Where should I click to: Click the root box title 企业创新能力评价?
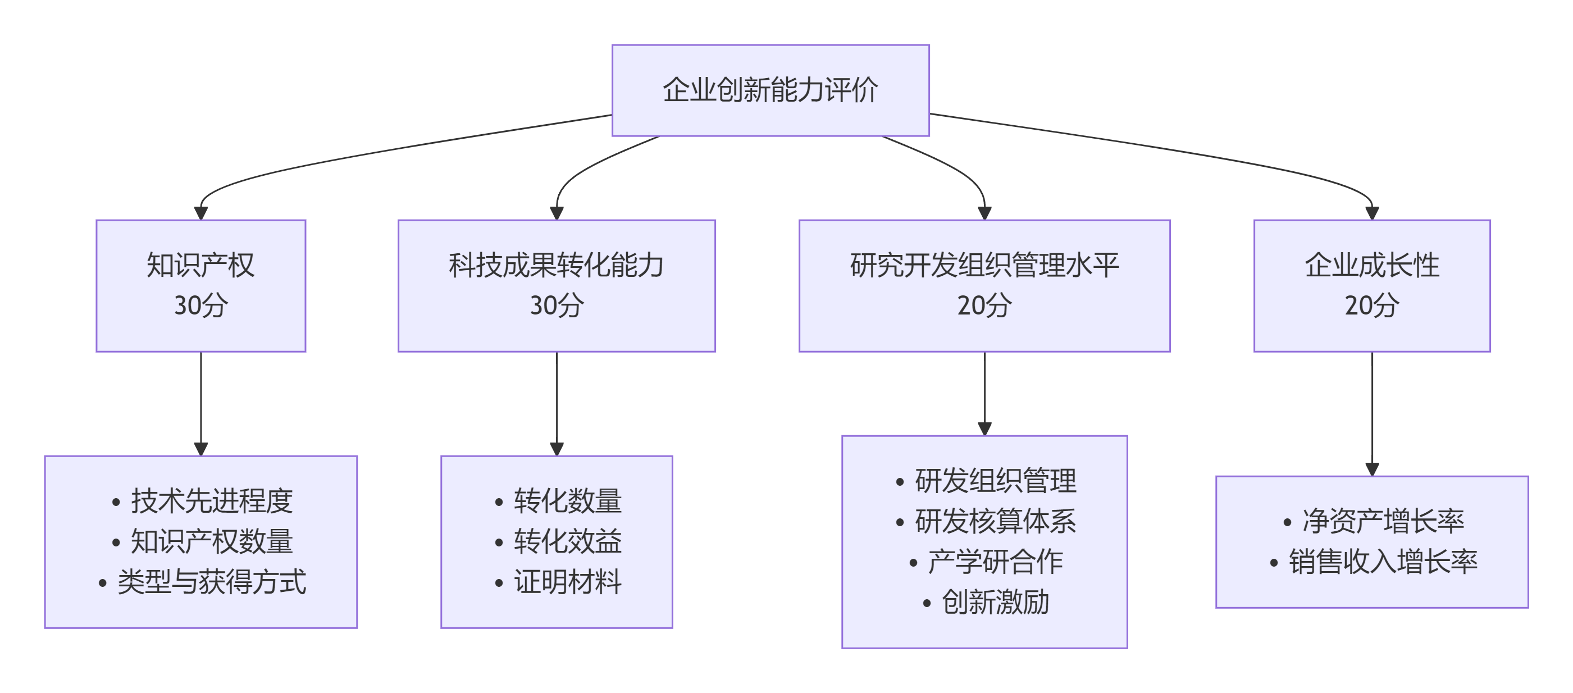coord(770,90)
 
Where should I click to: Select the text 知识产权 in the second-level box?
coord(200,265)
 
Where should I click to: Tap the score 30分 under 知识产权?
coord(200,306)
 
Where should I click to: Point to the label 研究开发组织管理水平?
coord(984,265)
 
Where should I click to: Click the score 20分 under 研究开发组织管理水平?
coord(984,306)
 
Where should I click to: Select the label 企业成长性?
coord(1371,265)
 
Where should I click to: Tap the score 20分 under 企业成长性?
coord(1371,306)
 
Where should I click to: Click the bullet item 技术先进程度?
coord(211,501)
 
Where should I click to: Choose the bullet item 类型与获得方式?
coord(211,582)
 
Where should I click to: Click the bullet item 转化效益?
coord(567,541)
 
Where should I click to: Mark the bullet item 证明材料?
coord(567,582)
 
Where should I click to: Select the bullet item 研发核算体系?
coord(995,521)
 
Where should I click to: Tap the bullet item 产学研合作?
coord(995,562)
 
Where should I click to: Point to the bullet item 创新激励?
coord(995,602)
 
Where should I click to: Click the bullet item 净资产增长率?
coord(1383,521)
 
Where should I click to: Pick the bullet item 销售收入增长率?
coord(1383,562)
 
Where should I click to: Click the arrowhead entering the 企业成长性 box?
coord(1372,213)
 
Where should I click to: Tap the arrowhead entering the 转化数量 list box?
coord(557,449)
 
